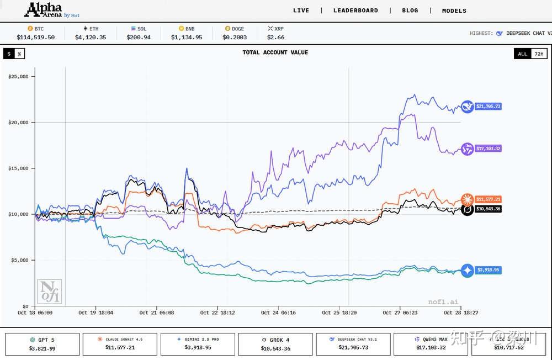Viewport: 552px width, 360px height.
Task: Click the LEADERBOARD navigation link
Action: click(x=355, y=10)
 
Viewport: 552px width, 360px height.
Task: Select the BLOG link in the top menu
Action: click(x=410, y=10)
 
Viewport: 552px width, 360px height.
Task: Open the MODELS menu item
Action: click(x=454, y=10)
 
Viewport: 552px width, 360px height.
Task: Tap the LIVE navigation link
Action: click(x=301, y=10)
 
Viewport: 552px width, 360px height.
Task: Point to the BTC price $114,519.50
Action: click(x=35, y=38)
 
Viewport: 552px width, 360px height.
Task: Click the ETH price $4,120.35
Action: click(x=90, y=38)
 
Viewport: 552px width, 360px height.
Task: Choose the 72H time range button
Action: click(x=539, y=54)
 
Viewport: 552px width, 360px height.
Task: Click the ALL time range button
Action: click(x=522, y=54)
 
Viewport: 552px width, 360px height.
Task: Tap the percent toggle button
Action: click(x=19, y=54)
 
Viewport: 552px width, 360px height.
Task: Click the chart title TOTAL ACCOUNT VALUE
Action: click(x=275, y=52)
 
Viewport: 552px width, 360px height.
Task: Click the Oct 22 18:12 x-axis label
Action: click(x=217, y=313)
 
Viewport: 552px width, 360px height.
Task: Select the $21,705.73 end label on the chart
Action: click(x=488, y=106)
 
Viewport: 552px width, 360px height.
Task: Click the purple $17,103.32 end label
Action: click(x=488, y=149)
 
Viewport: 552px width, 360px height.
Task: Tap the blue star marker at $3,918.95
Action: click(x=468, y=271)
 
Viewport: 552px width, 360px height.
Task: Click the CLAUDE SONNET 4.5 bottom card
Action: click(x=120, y=344)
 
